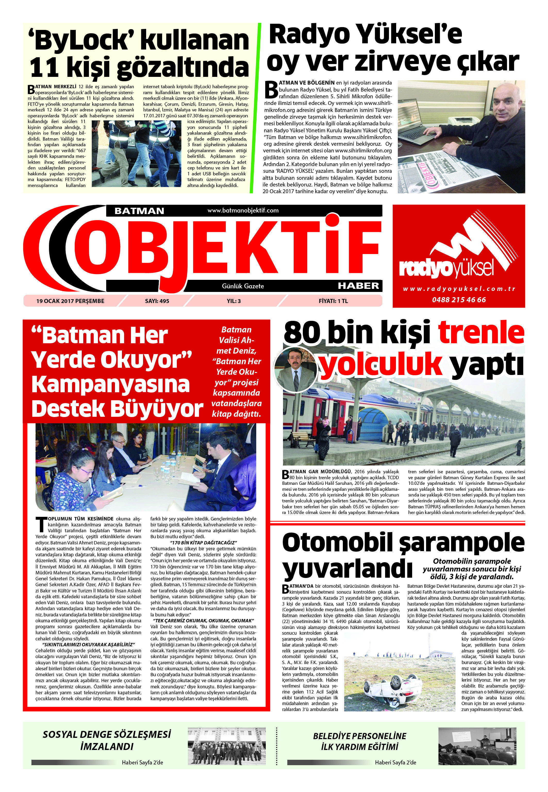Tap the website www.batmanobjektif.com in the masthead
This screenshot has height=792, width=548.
tap(243, 210)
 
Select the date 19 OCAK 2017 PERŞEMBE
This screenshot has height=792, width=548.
tap(70, 301)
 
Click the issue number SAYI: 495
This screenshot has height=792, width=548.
tap(157, 301)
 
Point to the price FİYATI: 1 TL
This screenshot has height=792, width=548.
tap(333, 301)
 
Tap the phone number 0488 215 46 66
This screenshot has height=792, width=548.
tap(459, 299)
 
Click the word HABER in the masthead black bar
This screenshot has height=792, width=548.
tap(358, 285)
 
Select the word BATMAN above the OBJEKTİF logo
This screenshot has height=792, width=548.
tap(139, 210)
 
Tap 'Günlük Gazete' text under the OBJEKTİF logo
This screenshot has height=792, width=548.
tap(243, 286)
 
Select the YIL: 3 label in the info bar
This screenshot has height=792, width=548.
tap(234, 301)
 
